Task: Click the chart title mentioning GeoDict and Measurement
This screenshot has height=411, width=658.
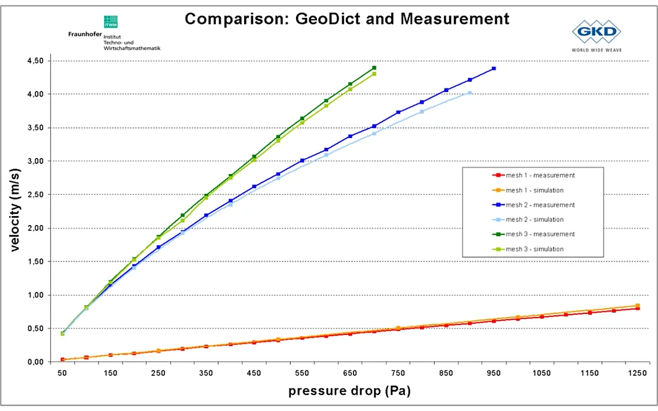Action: click(x=347, y=19)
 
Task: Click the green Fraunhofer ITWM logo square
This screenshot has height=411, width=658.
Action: click(x=111, y=22)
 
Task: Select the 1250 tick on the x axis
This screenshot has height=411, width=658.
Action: click(x=638, y=373)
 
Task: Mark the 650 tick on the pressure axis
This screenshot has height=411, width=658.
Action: click(x=350, y=373)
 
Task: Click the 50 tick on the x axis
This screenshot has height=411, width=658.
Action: click(x=62, y=373)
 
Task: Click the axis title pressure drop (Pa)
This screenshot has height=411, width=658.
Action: click(x=350, y=392)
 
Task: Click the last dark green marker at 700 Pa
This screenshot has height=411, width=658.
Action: click(x=374, y=68)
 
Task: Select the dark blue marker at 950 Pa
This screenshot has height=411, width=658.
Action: click(x=494, y=69)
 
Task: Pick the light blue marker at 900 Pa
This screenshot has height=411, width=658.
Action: click(x=470, y=93)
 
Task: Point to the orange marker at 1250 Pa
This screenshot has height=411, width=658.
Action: click(x=638, y=306)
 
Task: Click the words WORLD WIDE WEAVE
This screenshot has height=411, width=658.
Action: click(x=596, y=50)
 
